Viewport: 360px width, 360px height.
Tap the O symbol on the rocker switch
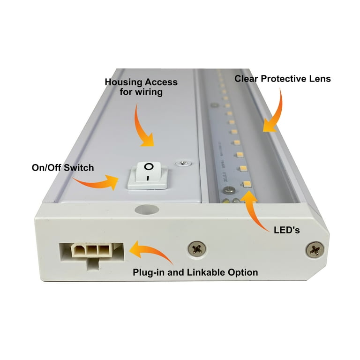[149, 167]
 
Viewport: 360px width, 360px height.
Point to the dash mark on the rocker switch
[147, 179]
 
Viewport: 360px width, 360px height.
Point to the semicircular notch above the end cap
[141, 209]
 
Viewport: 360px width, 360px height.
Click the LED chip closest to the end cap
[245, 183]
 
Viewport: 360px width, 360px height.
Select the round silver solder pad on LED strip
[228, 191]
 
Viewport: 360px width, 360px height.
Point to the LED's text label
[286, 231]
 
